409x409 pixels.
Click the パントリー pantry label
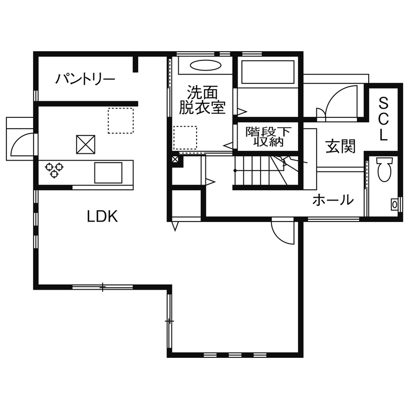85,79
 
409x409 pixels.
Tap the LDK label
102,216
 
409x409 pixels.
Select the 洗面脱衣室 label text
202,100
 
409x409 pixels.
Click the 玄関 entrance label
340,146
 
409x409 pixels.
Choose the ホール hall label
333,199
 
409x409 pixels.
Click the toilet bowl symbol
384,170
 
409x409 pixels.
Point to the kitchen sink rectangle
108,172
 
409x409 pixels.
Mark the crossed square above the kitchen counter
87,144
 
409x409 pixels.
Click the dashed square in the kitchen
120,120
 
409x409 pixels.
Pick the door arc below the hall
283,232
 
